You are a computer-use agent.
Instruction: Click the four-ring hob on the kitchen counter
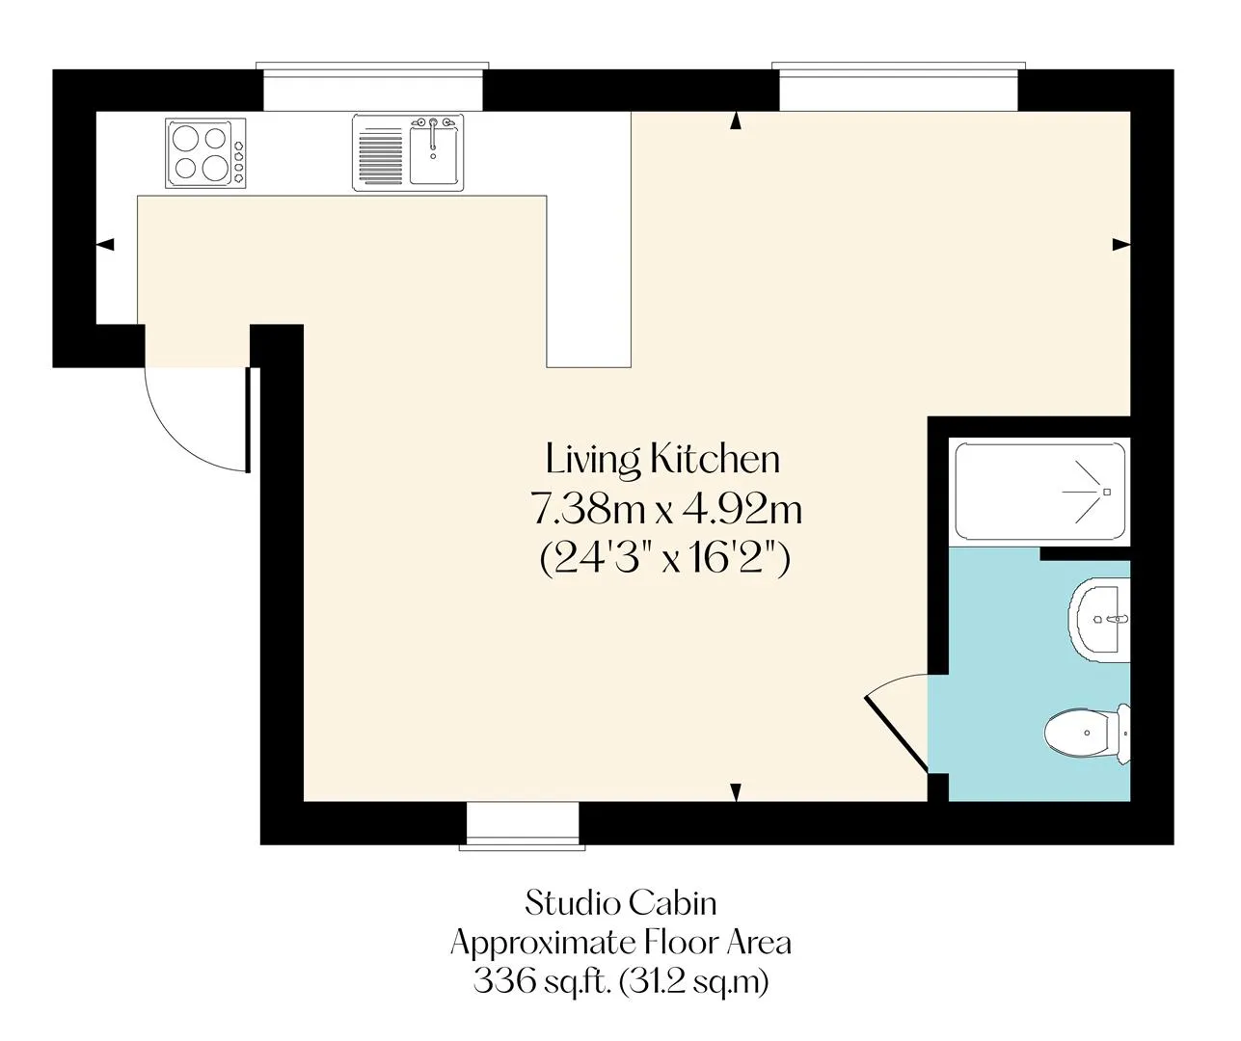pyautogui.click(x=205, y=153)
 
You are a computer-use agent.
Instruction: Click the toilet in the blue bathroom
pyautogui.click(x=1087, y=733)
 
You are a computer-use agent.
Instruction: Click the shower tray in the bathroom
pyautogui.click(x=1040, y=492)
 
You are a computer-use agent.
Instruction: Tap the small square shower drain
pyautogui.click(x=1107, y=492)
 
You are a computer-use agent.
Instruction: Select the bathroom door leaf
pyautogui.click(x=895, y=735)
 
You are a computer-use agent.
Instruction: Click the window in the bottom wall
pyautogui.click(x=523, y=826)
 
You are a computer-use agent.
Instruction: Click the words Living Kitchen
pyautogui.click(x=662, y=460)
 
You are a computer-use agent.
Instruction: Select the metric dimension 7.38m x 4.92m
pyautogui.click(x=667, y=510)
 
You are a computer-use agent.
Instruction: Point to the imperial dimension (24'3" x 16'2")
pyautogui.click(x=664, y=559)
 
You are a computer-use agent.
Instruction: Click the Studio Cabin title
pyautogui.click(x=621, y=904)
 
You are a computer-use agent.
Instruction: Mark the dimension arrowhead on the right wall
pyautogui.click(x=1121, y=244)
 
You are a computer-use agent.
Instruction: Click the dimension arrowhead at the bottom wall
pyautogui.click(x=736, y=792)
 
